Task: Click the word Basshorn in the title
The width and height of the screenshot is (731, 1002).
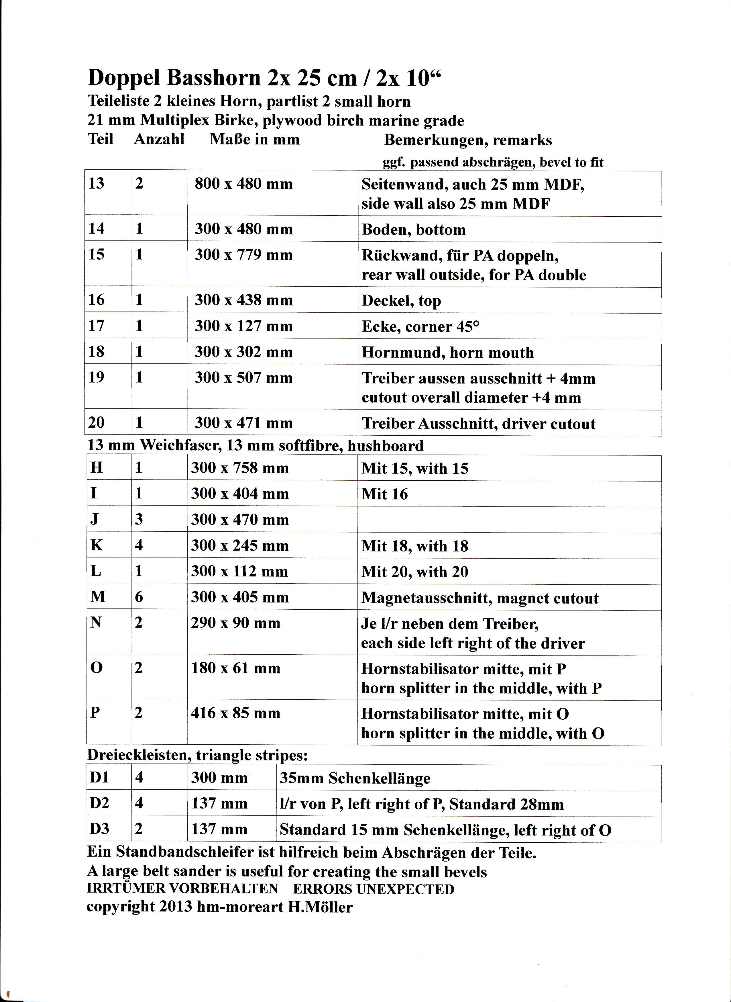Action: pos(213,78)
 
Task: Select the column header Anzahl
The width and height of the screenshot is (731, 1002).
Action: pos(159,140)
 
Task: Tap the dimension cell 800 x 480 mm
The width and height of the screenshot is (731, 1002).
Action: pos(244,184)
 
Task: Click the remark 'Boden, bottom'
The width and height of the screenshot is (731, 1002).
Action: pos(413,230)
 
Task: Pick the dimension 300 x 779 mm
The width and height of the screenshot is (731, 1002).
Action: pos(244,255)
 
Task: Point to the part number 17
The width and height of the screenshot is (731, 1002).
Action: pos(97,326)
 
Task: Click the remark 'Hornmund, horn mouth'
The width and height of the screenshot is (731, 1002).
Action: pos(447,353)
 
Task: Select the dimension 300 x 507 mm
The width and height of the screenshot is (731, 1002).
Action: pos(244,378)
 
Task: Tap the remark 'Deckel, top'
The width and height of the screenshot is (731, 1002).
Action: pos(401,301)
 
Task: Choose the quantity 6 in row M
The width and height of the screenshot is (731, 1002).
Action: pos(139,597)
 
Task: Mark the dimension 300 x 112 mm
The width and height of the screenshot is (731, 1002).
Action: pos(239,572)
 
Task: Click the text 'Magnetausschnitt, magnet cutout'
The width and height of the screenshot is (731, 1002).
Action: pos(480,598)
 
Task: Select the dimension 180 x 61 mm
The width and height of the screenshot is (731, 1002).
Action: pos(235,668)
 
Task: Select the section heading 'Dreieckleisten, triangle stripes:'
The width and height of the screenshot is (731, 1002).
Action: pos(197,755)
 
